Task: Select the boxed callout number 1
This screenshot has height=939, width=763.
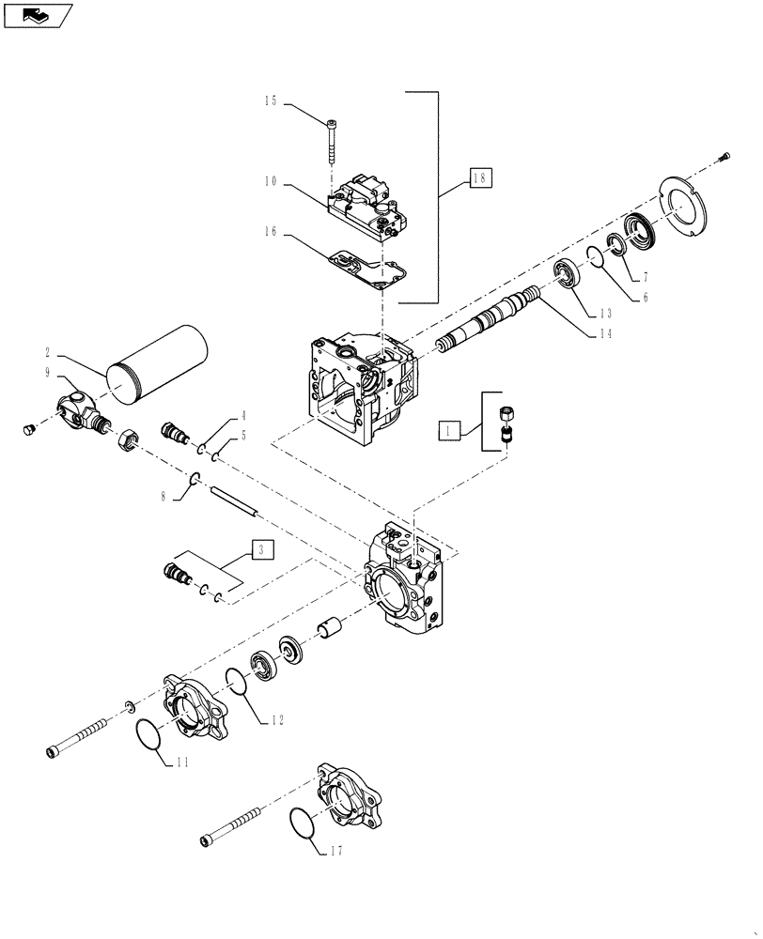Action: point(450,431)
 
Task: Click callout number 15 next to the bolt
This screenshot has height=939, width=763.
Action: point(271,101)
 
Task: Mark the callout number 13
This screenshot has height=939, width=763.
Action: point(606,313)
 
